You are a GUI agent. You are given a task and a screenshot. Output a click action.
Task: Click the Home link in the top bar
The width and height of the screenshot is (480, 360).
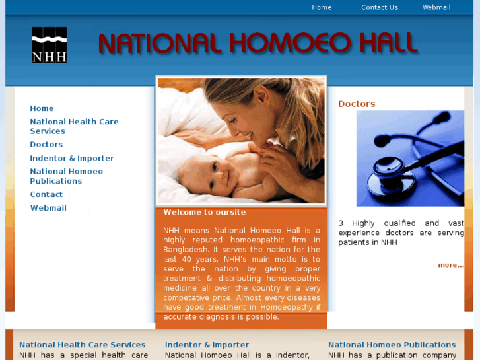click(x=322, y=7)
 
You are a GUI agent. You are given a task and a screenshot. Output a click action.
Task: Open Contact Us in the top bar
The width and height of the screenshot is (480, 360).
click(x=380, y=7)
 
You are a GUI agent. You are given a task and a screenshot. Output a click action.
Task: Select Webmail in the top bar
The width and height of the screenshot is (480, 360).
click(x=436, y=7)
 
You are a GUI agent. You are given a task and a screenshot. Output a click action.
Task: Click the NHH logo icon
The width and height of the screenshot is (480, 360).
click(x=49, y=45)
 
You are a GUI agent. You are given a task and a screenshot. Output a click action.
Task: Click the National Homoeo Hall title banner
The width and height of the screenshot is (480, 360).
click(x=257, y=44)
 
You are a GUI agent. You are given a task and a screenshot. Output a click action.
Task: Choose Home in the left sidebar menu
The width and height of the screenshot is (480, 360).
click(x=42, y=108)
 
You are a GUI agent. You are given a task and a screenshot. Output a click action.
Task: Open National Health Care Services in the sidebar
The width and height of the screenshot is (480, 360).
click(x=74, y=126)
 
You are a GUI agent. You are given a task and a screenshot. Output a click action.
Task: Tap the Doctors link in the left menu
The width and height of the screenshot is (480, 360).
click(x=46, y=145)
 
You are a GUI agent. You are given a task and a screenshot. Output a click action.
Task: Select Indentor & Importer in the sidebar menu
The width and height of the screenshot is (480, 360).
click(x=72, y=159)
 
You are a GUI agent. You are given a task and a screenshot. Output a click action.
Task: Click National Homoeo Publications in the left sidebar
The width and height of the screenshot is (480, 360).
click(x=66, y=176)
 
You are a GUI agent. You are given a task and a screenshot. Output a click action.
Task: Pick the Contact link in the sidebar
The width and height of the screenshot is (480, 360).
click(x=46, y=194)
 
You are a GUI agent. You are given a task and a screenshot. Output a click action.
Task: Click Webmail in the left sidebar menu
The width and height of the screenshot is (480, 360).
click(x=48, y=208)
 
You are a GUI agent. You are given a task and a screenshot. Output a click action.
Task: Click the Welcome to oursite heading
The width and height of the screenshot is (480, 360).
click(x=205, y=213)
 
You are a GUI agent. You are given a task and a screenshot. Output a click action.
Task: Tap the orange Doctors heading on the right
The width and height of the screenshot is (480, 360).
click(x=357, y=104)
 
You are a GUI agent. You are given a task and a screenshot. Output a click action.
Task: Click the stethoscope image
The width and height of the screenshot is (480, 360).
click(x=410, y=159)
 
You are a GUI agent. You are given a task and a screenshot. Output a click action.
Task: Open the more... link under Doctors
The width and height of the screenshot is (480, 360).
click(x=451, y=265)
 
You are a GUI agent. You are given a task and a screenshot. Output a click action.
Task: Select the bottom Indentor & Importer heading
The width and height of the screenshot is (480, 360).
click(x=207, y=345)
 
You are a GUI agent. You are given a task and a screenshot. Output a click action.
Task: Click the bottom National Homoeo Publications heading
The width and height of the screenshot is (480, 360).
click(x=392, y=345)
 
